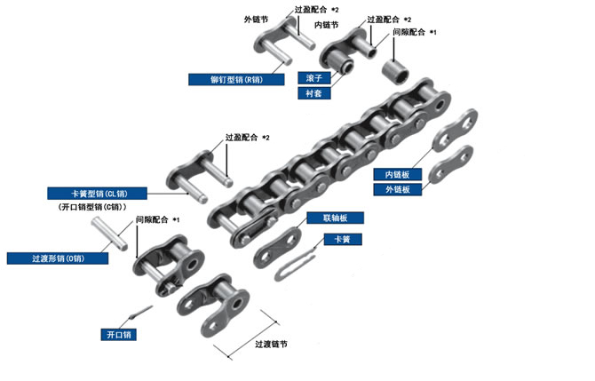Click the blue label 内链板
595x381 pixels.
click(x=391, y=174)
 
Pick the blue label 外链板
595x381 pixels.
click(x=391, y=189)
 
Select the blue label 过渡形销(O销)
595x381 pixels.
click(x=58, y=258)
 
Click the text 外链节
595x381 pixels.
click(x=256, y=19)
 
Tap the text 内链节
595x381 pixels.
click(x=353, y=26)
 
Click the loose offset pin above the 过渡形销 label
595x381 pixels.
click(x=123, y=237)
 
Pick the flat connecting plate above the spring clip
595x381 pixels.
click(x=277, y=247)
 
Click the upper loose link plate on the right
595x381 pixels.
click(x=456, y=131)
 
